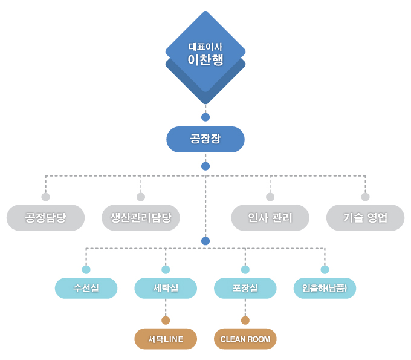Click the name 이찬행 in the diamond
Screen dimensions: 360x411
tap(205, 61)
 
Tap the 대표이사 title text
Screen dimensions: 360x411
tap(205, 47)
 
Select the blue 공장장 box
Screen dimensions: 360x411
tap(205, 139)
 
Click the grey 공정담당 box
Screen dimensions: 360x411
tap(45, 218)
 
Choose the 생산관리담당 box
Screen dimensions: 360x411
tap(141, 218)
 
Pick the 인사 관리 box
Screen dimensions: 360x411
tap(270, 218)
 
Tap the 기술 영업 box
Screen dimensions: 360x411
tap(365, 218)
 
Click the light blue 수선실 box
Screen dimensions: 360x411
tap(86, 288)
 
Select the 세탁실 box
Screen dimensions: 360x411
tap(166, 288)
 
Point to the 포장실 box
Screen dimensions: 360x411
tap(245, 288)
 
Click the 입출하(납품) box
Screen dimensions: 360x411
tap(325, 288)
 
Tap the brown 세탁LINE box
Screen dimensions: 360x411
tap(166, 339)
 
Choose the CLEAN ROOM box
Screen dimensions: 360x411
tap(245, 339)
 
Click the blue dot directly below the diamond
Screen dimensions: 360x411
tap(205, 117)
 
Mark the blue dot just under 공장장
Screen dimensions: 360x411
tap(205, 166)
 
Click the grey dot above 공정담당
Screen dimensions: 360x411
tap(45, 197)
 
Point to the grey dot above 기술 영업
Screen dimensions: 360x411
tap(365, 197)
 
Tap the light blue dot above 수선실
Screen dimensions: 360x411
tap(86, 269)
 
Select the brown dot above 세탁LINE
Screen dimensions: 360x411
tap(166, 321)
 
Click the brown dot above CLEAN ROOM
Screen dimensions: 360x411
tap(245, 321)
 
